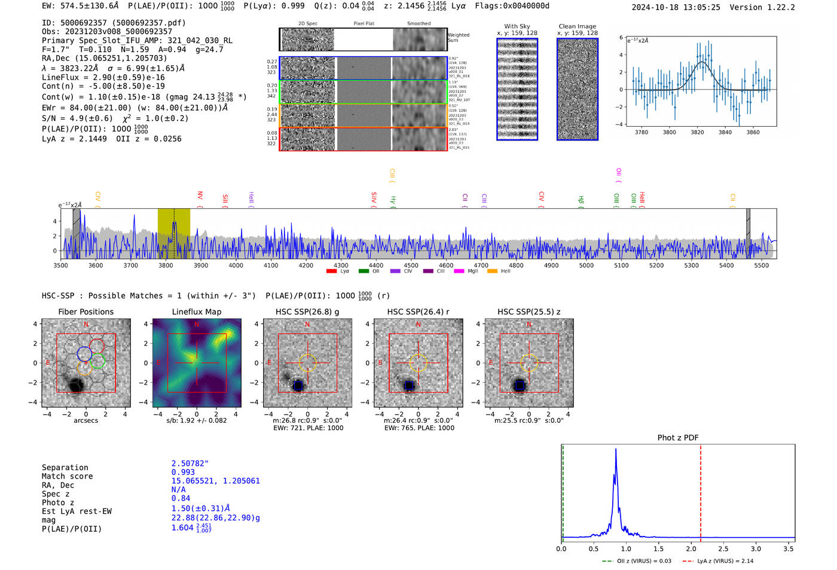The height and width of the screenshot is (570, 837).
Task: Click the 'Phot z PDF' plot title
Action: pos(677,438)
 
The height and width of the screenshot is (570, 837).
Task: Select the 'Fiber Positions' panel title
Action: pos(85,312)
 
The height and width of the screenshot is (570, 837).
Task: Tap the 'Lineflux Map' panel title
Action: pos(196,312)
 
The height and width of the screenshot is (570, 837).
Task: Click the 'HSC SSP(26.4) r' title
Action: pos(418,312)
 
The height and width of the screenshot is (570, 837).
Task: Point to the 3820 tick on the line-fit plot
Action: pos(697,132)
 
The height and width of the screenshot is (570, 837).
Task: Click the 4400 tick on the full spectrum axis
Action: pos(376,265)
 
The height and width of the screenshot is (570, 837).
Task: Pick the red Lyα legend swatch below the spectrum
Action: pos(331,272)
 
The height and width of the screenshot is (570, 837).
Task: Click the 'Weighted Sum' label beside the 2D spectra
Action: pos(459,38)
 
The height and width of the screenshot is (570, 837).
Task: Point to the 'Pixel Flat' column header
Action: pos(363,24)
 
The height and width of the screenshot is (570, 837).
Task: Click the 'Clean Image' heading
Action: pos(577,26)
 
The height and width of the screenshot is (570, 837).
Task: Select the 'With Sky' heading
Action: pos(517,26)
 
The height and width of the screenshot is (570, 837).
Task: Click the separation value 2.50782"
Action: pos(190,464)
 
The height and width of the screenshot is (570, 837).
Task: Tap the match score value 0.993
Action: pos(183,473)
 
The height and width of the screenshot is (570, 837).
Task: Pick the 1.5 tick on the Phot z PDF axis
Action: pos(658,548)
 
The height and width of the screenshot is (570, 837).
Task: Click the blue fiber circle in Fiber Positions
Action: pos(84,353)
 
